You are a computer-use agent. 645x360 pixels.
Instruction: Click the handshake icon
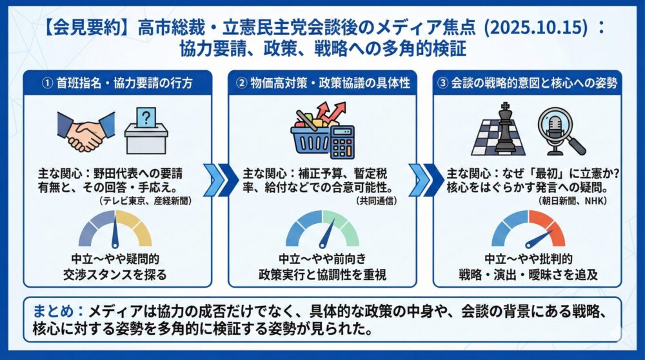pos(85,132)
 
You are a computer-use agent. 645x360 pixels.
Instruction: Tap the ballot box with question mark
pos(146,129)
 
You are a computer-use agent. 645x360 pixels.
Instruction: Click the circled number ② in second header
pos(241,83)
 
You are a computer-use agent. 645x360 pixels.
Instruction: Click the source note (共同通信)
pos(377,201)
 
